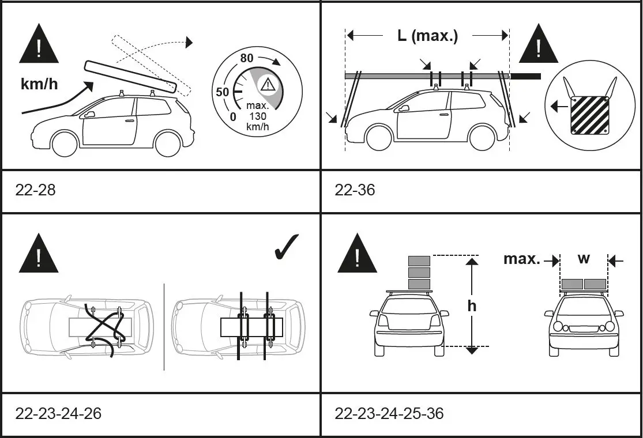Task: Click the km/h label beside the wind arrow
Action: coord(39,84)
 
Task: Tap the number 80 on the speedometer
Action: coord(247,58)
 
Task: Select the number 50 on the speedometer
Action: coord(222,92)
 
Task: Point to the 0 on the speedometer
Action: coord(233,117)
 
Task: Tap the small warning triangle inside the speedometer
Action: coord(268,85)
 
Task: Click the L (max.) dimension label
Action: coord(427,36)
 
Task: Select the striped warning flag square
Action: coord(589,115)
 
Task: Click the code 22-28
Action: coord(36,190)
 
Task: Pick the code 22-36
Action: coord(355,190)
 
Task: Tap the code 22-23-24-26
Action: coord(58,414)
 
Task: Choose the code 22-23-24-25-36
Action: coord(389,414)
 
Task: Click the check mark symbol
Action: coord(284,247)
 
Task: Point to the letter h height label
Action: coord(472,305)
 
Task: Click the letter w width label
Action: coord(584,258)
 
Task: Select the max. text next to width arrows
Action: coord(522,259)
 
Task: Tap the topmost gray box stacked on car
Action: coord(419,260)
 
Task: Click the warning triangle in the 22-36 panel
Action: coord(539,44)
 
